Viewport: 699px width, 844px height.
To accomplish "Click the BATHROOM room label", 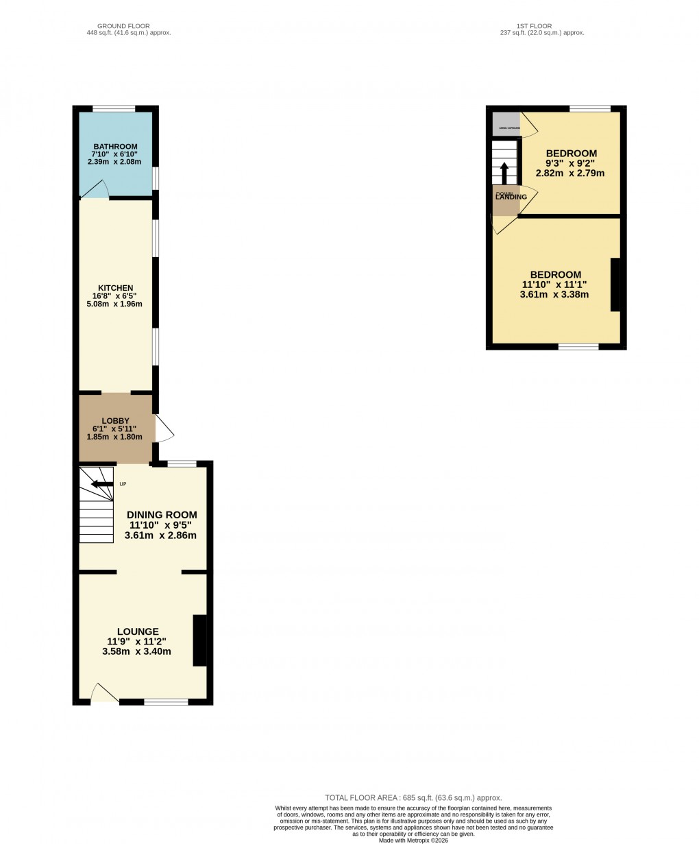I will [x=116, y=147].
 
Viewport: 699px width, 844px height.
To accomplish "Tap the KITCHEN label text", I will [x=116, y=288].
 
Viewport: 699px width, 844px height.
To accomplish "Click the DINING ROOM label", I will [x=162, y=515].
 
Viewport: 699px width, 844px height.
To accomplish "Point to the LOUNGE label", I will [x=138, y=631].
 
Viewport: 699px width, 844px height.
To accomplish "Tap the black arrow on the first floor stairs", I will [x=504, y=172].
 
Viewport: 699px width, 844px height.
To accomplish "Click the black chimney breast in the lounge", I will [x=199, y=640].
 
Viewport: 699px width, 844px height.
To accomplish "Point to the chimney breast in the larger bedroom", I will [x=615, y=285].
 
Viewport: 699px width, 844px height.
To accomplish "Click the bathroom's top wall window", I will [x=114, y=108].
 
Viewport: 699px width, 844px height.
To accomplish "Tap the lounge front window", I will [x=166, y=701].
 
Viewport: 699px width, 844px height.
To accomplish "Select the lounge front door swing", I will [x=104, y=692].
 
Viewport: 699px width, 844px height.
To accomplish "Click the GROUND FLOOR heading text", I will [x=123, y=26].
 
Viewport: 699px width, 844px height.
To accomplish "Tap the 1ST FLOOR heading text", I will [x=536, y=26].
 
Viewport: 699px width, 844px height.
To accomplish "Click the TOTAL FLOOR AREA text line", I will [x=413, y=798].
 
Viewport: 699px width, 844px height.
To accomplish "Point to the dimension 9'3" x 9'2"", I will [x=571, y=164].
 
